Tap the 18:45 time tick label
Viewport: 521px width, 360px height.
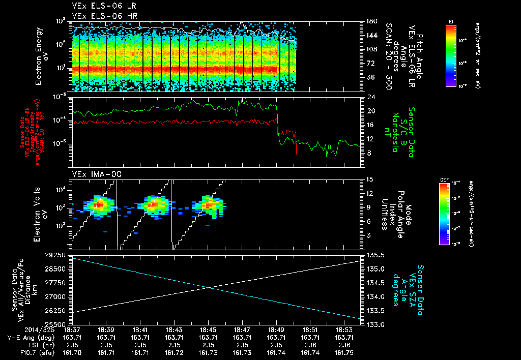point(209,330)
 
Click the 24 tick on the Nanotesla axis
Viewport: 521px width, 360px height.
point(371,97)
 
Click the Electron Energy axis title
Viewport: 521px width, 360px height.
point(41,56)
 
